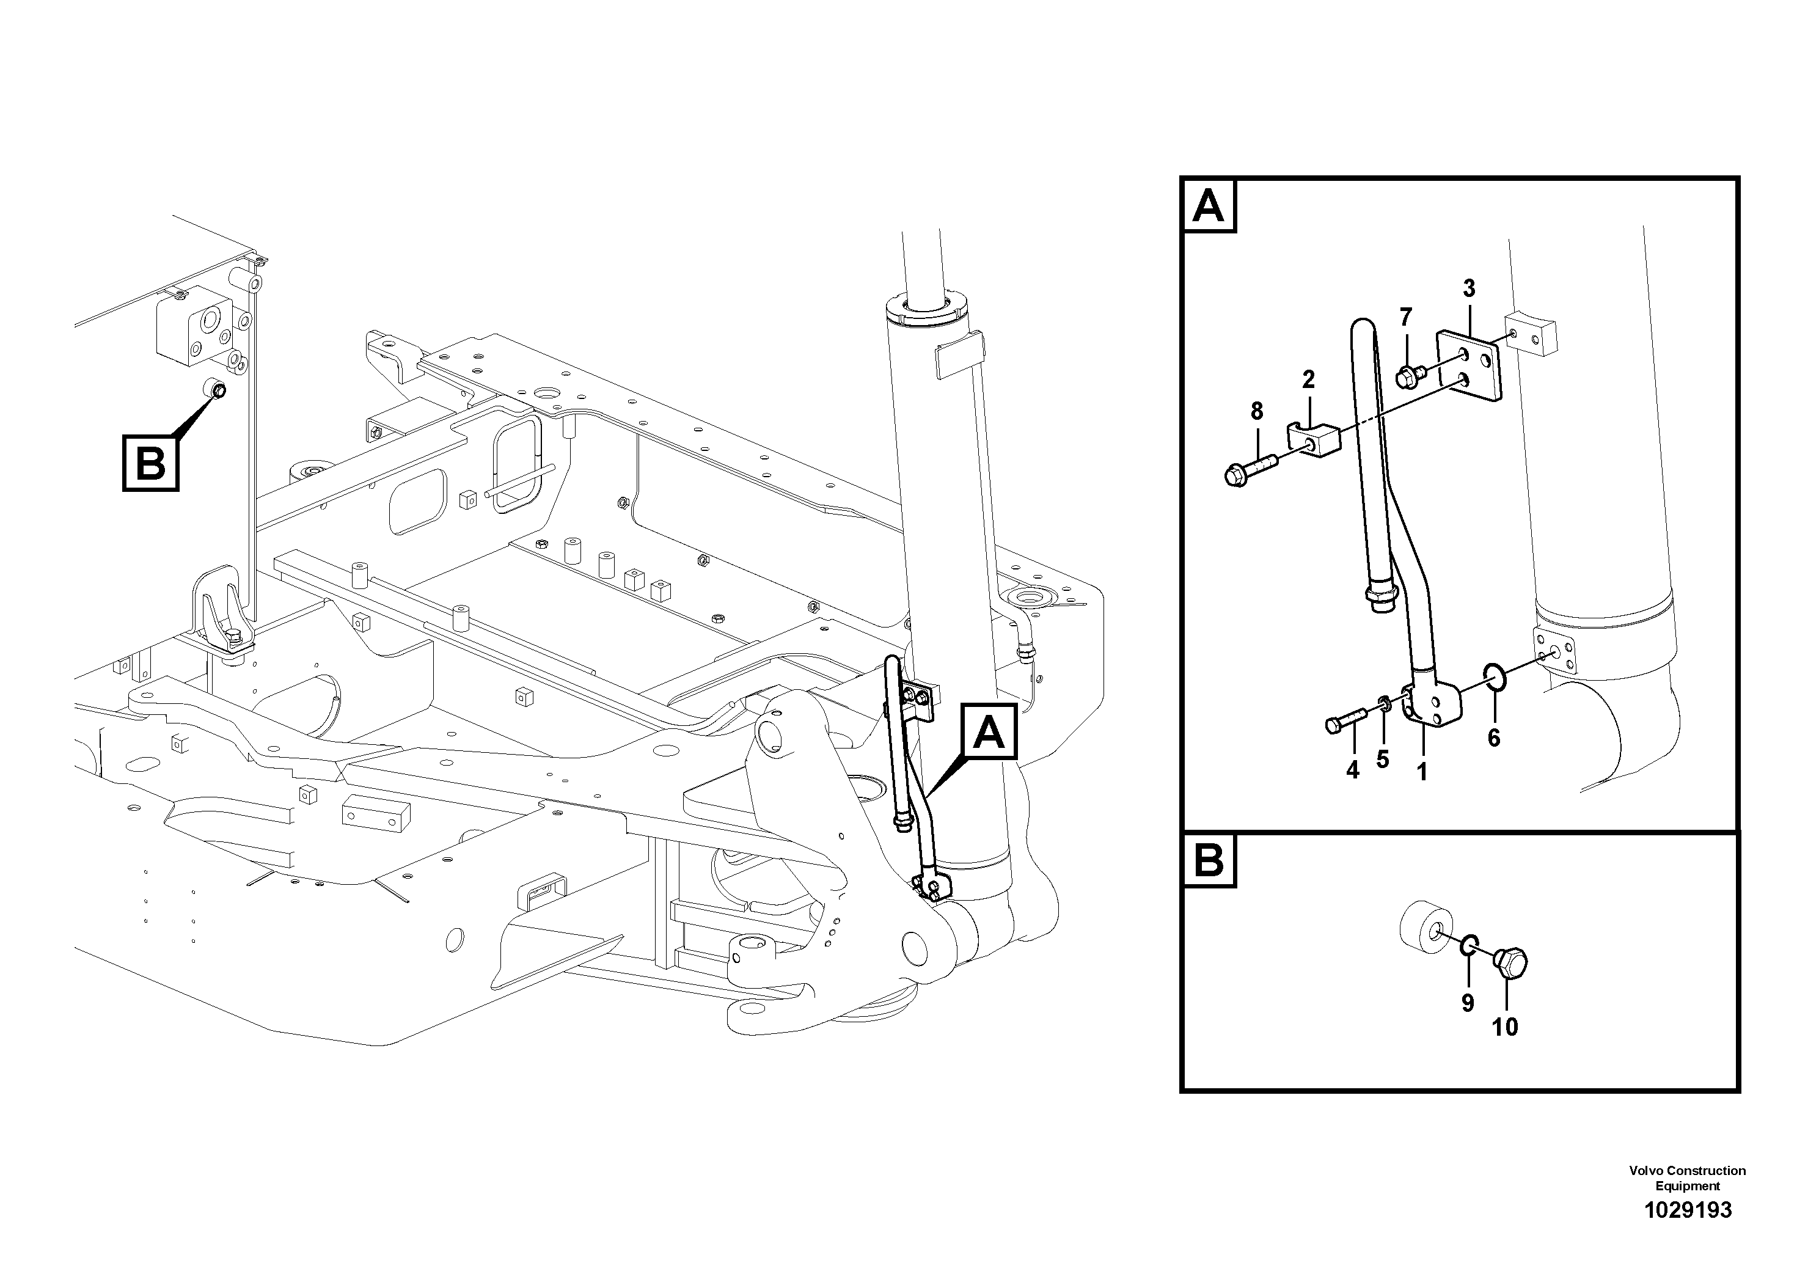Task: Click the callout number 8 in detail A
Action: [1256, 411]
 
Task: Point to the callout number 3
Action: [1469, 288]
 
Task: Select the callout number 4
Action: [1352, 769]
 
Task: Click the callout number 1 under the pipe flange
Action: [1421, 771]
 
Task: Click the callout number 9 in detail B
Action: [1467, 1003]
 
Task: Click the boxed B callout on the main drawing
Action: [150, 463]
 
